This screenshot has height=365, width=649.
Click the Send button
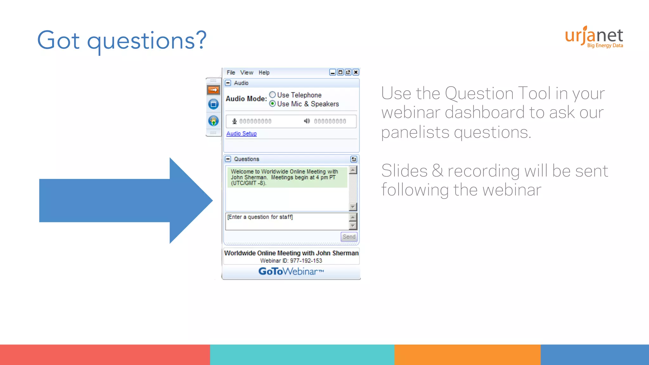[349, 237]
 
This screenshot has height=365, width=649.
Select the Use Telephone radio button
[273, 95]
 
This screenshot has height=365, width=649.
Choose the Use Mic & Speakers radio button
[273, 104]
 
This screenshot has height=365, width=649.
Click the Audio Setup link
[241, 134]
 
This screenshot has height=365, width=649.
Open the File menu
[231, 73]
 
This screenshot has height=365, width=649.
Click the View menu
[247, 73]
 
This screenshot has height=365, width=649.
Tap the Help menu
[264, 73]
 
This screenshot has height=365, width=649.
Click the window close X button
[356, 72]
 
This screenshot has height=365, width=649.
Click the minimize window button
[332, 72]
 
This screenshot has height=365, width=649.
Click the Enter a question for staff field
[287, 221]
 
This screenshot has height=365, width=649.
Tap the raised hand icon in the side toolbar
[214, 121]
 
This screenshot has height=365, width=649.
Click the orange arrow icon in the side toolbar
[214, 90]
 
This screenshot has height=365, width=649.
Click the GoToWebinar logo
[291, 272]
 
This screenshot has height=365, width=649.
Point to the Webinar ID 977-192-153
[291, 261]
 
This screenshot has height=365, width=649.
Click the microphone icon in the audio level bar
[235, 121]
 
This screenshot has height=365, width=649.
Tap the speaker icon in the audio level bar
[307, 121]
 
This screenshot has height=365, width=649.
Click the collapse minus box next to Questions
[228, 159]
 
